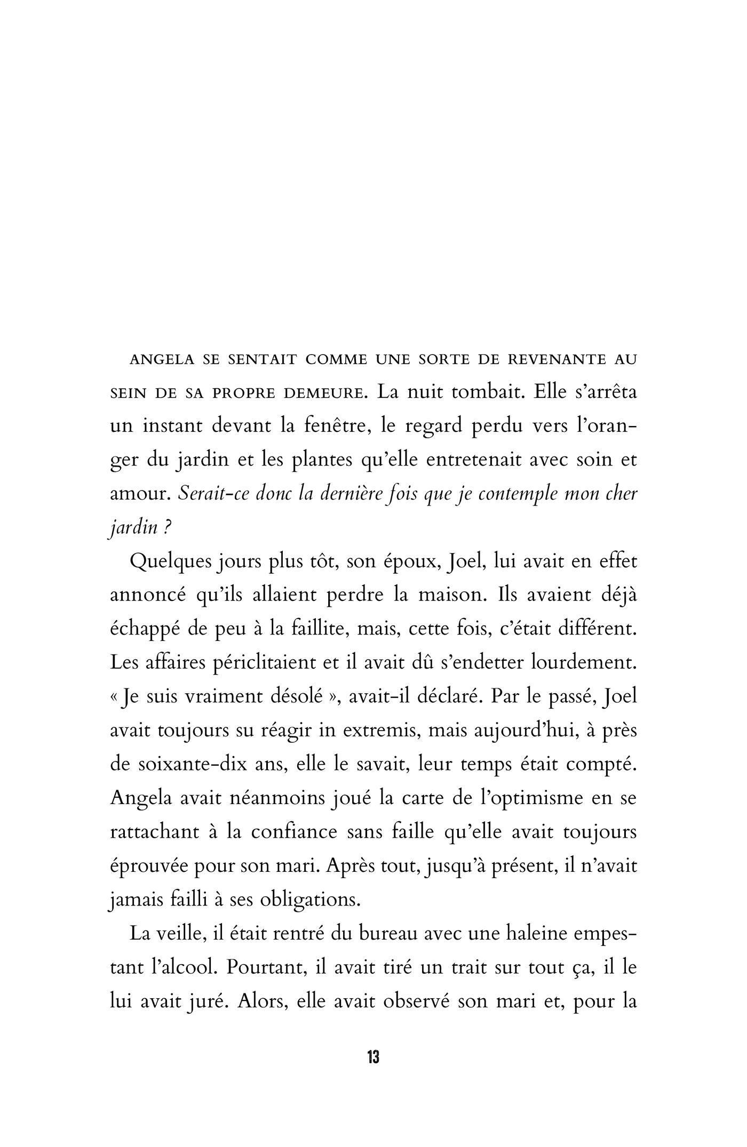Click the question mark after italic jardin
pyautogui.click(x=167, y=528)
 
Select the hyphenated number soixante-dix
pyautogui.click(x=194, y=765)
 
